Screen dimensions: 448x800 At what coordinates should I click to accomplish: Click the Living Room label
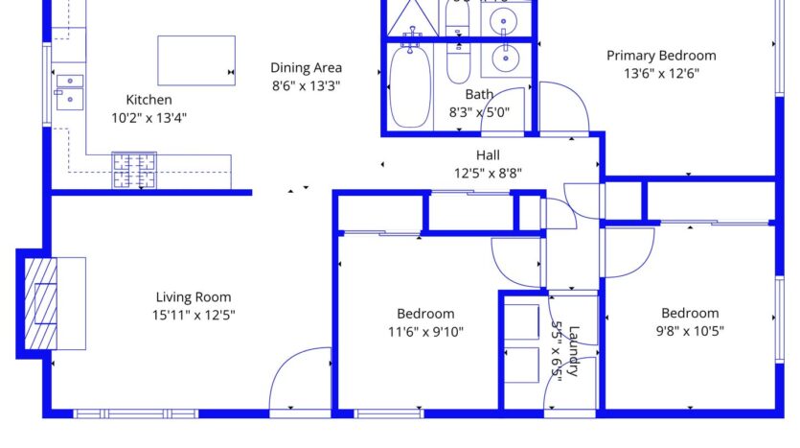tap(194, 297)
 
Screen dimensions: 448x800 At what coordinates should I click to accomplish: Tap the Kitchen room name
tap(149, 100)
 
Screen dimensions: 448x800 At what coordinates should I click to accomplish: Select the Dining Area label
tap(306, 68)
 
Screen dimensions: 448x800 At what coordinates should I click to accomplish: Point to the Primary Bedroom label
tap(661, 56)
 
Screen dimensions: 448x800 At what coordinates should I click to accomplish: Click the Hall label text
tap(488, 155)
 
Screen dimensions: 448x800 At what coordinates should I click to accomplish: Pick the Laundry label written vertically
tap(574, 352)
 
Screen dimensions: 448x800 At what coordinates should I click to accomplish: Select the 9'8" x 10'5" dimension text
tap(689, 331)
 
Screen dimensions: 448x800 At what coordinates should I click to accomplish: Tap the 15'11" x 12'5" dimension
tap(194, 315)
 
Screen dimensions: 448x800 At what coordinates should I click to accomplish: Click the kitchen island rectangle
tap(196, 60)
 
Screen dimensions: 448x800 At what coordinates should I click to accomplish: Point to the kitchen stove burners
tap(134, 170)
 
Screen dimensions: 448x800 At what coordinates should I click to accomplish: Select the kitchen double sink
tap(69, 91)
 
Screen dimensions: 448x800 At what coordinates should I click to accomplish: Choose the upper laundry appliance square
tap(522, 322)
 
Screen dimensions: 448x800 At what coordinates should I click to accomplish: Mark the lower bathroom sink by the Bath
tap(503, 59)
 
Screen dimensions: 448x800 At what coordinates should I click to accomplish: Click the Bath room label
tap(479, 95)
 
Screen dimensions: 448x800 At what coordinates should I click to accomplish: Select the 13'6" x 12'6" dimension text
tap(661, 74)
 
